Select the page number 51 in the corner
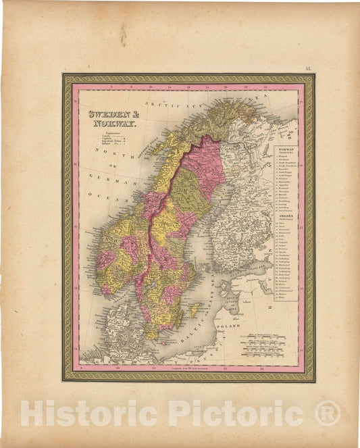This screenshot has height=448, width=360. click(x=308, y=69)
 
